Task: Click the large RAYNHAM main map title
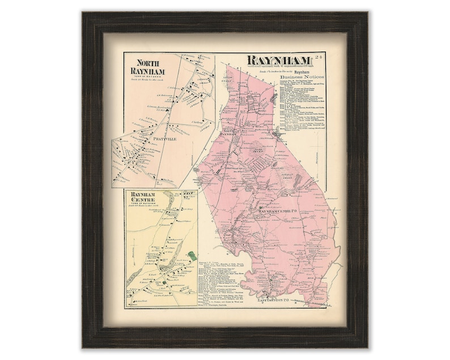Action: tap(277, 61)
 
